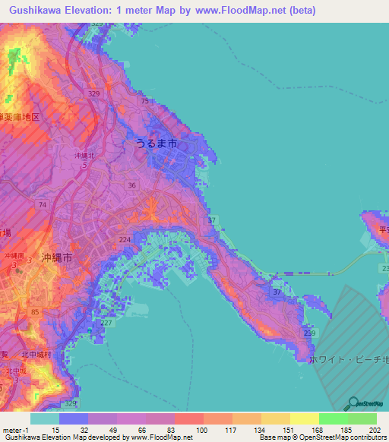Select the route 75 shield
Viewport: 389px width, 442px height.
pyautogui.click(x=144, y=100)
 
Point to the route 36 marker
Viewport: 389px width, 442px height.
pyautogui.click(x=132, y=185)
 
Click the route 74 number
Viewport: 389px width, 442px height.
pyautogui.click(x=43, y=205)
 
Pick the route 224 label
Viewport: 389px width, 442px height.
pyautogui.click(x=125, y=239)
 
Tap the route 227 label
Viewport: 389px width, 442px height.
pyautogui.click(x=106, y=323)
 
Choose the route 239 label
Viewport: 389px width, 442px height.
pyautogui.click(x=308, y=333)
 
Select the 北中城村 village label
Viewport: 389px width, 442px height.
pyautogui.click(x=36, y=354)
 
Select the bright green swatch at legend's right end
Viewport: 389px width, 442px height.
pyautogui.click(x=362, y=418)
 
